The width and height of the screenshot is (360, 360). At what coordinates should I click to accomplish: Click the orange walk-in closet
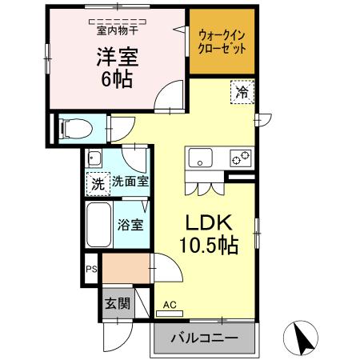pos(222,42)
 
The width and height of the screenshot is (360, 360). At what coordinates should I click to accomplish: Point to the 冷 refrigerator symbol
pos(242,93)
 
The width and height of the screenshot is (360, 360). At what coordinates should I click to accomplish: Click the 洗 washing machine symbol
pos(97,183)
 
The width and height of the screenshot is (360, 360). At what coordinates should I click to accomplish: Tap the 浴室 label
pos(131,224)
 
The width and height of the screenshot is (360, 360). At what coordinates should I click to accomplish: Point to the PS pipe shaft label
pos(93,270)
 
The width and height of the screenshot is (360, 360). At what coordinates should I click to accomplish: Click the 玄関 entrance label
pos(117,303)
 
